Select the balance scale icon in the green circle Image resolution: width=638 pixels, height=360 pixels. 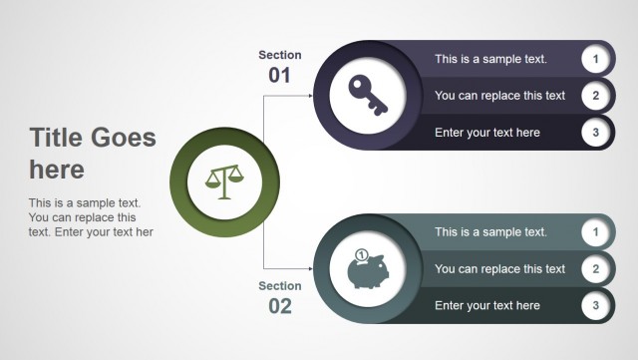[223, 182]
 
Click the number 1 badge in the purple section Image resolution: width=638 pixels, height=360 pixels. [595, 59]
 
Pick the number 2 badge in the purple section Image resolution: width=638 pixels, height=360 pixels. [595, 96]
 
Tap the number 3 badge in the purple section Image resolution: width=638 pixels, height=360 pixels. [595, 132]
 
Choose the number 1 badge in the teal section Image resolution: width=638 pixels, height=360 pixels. [595, 232]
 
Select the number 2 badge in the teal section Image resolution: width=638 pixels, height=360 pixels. [595, 268]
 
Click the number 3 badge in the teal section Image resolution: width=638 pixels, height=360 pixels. [595, 305]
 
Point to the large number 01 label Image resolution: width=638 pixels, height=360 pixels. [279, 76]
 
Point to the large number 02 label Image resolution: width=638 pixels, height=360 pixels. [280, 306]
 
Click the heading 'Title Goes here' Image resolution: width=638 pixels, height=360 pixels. [92, 153]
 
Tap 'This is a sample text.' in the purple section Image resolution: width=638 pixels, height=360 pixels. [490, 60]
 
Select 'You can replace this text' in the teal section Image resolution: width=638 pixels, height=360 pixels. [499, 269]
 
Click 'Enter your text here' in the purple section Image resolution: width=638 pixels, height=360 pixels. [487, 133]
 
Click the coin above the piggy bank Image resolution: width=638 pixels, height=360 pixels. [361, 254]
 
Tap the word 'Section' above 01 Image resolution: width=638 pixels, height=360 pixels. [279, 55]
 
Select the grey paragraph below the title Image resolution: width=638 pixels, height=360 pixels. [91, 217]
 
